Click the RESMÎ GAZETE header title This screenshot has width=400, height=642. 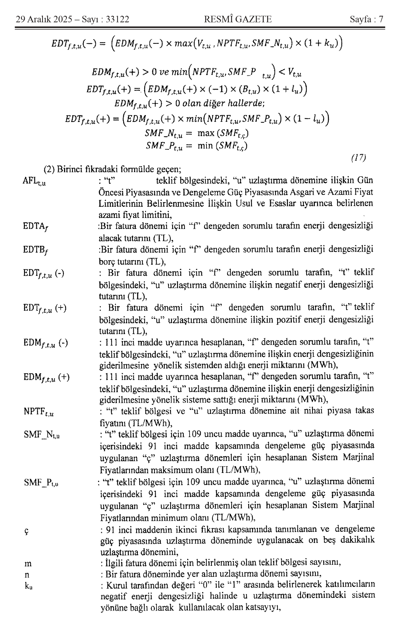(x=238, y=19)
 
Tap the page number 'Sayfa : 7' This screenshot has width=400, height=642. (x=366, y=19)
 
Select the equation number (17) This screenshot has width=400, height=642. (x=358, y=158)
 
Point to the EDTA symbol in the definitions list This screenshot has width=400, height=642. (x=35, y=227)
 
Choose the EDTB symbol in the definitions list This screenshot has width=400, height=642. (x=35, y=250)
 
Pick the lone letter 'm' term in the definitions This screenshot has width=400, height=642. (x=28, y=564)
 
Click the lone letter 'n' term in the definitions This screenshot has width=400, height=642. (x=27, y=575)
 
